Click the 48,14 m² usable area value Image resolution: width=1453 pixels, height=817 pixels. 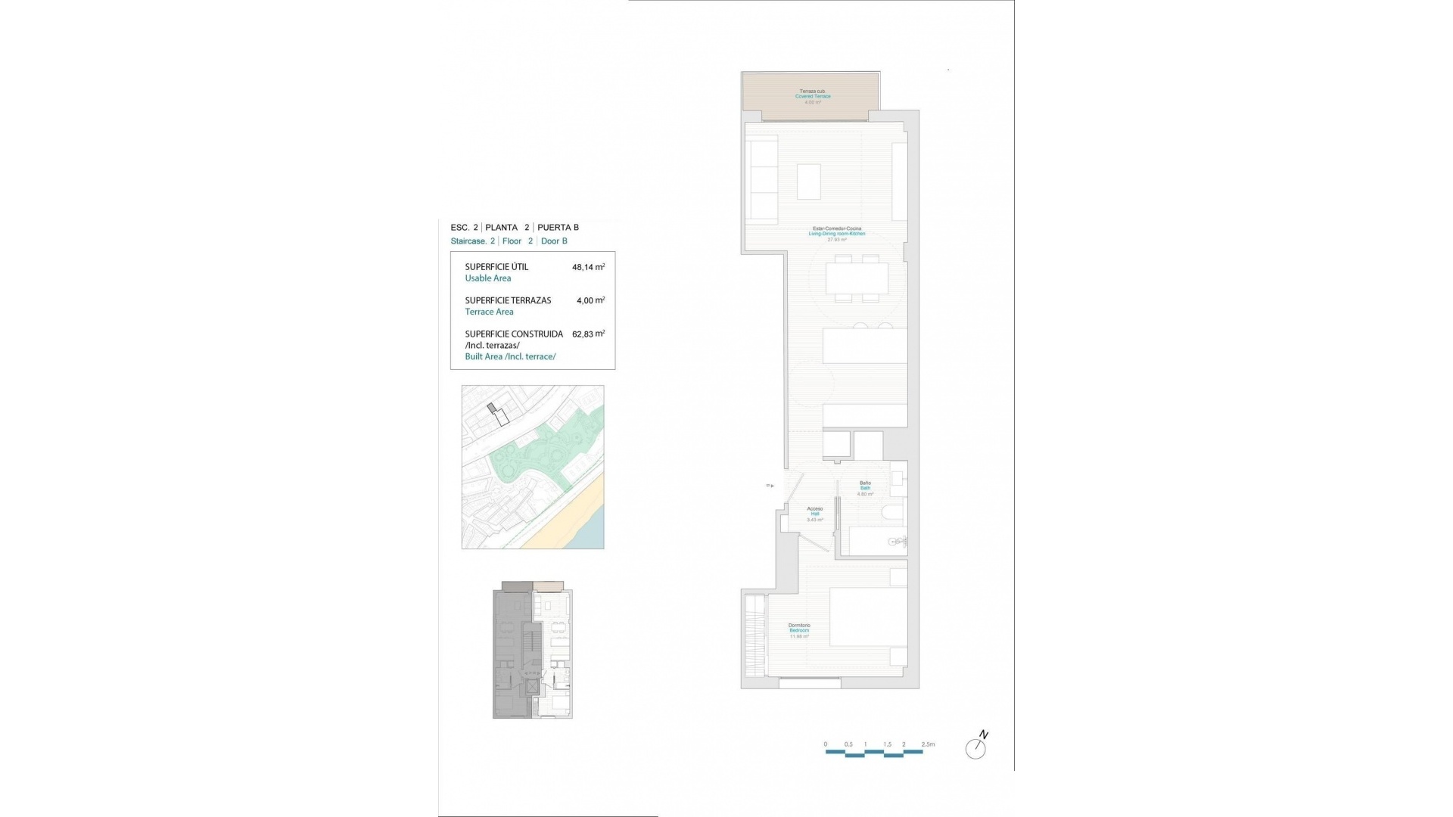[x=588, y=267]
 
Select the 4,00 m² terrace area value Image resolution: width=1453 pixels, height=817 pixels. [x=590, y=300]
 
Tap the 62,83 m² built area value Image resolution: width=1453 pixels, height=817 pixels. [x=588, y=334]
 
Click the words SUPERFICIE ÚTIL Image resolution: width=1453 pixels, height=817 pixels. [x=496, y=267]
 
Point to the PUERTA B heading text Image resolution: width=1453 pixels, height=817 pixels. [x=558, y=227]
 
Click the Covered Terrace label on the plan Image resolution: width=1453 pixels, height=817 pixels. [x=813, y=96]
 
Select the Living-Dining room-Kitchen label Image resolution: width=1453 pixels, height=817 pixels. [x=836, y=234]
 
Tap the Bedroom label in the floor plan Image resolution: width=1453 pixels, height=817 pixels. [x=799, y=630]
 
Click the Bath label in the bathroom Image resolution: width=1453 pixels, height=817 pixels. [x=865, y=488]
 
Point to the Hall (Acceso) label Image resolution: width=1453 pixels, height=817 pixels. [x=814, y=514]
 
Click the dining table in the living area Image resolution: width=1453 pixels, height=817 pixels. [x=857, y=278]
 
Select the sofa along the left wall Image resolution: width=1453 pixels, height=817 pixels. [x=762, y=179]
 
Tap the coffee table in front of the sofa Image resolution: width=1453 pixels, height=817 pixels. [x=808, y=182]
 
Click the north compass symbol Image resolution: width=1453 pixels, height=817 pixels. [x=975, y=747]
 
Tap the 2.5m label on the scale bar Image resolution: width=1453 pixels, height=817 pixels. [x=928, y=744]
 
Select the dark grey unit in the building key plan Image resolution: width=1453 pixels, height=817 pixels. [x=511, y=651]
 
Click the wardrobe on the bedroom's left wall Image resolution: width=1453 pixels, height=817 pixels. [x=755, y=635]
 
